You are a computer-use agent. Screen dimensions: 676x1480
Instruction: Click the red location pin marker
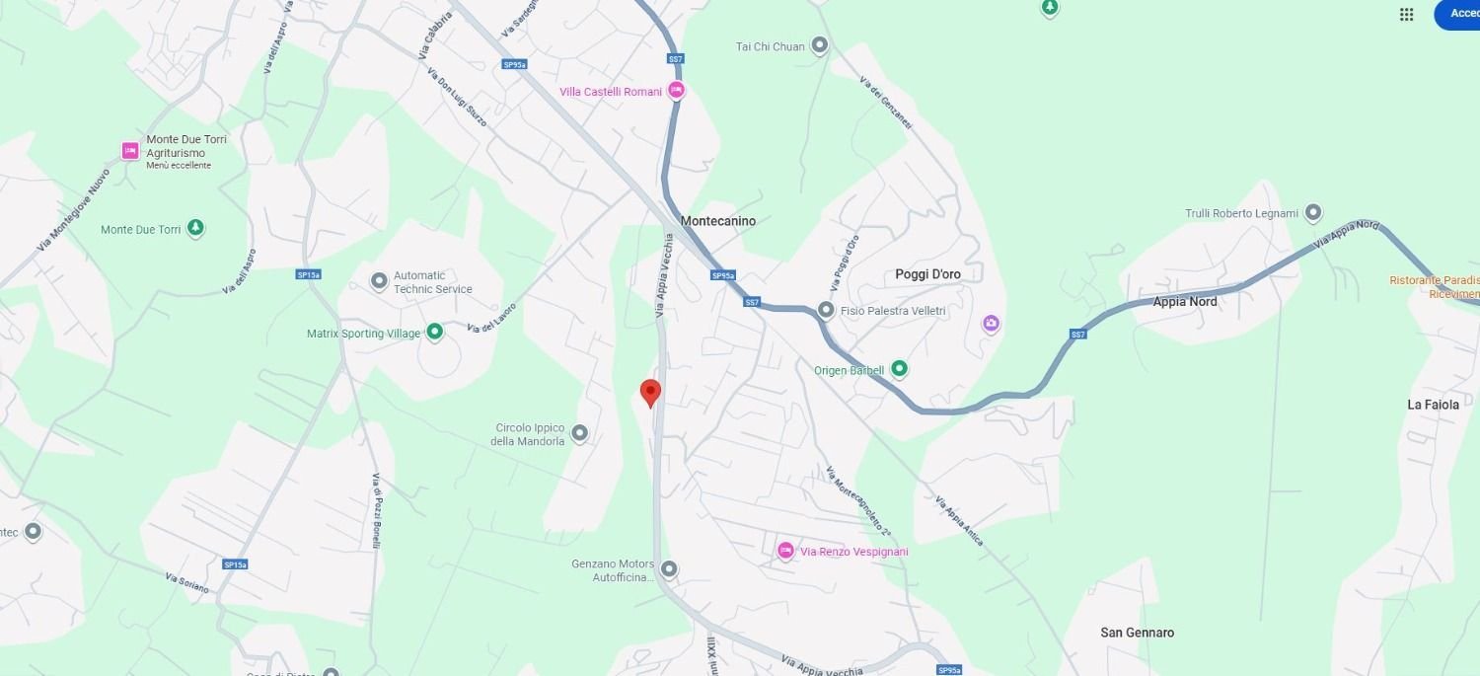649,393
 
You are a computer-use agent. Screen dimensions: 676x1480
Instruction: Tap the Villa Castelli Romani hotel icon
676,91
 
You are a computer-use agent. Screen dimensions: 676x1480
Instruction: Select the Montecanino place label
718,221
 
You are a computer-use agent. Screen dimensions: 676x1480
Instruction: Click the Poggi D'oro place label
927,274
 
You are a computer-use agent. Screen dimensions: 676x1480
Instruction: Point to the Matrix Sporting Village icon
434,333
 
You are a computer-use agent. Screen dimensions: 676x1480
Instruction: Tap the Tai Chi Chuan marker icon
819,45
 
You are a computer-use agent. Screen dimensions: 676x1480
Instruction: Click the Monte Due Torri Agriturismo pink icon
130,151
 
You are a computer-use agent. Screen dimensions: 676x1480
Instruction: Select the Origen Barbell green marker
899,369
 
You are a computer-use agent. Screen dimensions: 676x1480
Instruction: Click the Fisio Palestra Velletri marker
826,311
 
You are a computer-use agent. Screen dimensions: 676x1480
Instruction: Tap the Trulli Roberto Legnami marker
1312,212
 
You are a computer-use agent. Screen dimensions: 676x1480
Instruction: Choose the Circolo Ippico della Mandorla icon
579,433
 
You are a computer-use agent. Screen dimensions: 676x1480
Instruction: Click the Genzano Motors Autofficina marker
669,568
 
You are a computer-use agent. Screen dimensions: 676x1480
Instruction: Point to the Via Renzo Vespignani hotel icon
785,551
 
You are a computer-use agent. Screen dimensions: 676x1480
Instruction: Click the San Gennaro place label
1138,633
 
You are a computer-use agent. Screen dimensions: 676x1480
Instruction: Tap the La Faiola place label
1433,405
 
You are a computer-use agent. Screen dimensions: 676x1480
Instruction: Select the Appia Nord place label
1185,302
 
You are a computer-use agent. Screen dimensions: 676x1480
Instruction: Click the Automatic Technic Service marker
379,281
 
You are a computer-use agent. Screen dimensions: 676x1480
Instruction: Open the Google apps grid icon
1407,14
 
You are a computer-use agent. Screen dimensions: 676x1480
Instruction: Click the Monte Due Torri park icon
195,229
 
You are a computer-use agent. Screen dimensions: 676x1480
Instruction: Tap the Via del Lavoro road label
491,317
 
